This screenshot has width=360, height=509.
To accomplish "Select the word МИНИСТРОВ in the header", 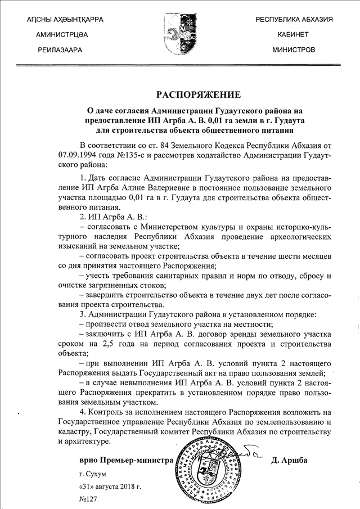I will click(x=293, y=50).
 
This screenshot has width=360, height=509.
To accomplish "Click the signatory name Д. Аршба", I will click(x=290, y=461).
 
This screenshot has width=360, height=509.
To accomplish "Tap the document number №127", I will click(x=89, y=499).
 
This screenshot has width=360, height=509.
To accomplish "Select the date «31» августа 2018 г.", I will click(x=110, y=487).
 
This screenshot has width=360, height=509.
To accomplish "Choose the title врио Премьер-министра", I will click(x=126, y=461).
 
